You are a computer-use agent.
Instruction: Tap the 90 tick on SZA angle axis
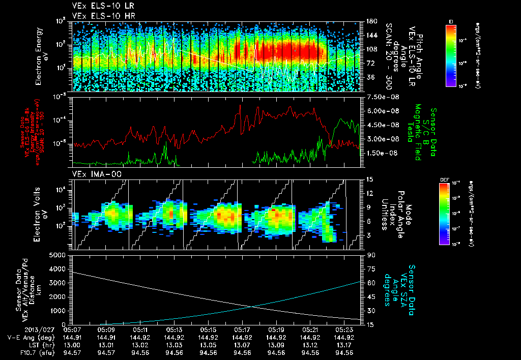point(369,255)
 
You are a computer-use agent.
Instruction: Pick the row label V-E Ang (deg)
point(31,337)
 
